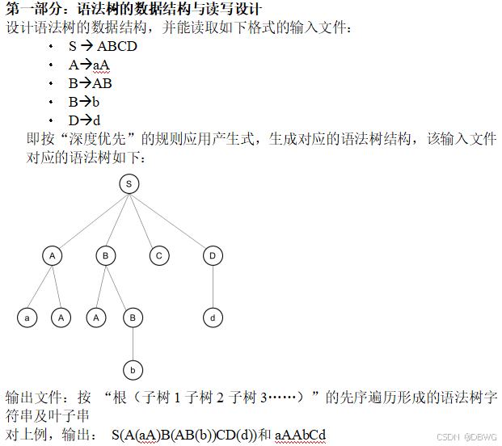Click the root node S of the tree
click(129, 184)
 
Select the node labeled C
click(159, 255)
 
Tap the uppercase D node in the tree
click(213, 255)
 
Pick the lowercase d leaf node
click(213, 318)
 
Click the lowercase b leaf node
click(133, 370)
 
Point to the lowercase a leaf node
click(27, 318)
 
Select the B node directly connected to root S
click(106, 255)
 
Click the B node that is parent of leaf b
click(133, 318)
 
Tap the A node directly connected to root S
click(53, 255)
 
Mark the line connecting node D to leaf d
click(213, 286)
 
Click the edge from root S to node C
click(144, 220)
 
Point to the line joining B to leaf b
click(133, 343)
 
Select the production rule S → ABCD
click(103, 46)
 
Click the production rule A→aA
click(89, 65)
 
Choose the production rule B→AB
click(90, 83)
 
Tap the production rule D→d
click(84, 120)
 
